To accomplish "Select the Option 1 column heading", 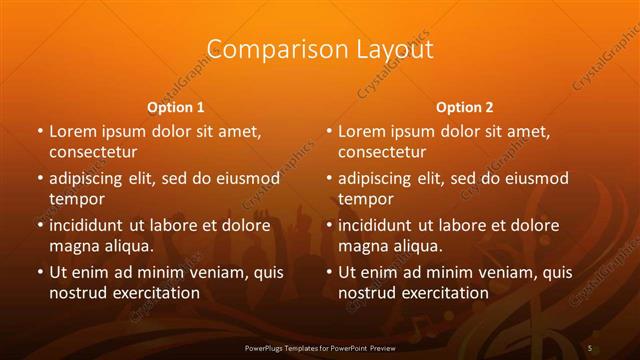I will [x=175, y=106].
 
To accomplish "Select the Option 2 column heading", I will [x=464, y=106].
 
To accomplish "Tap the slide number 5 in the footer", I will [x=591, y=346].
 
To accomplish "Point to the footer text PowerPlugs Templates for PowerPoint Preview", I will [x=319, y=346].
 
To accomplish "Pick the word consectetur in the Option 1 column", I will [x=93, y=152].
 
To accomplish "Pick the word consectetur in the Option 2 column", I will [x=382, y=152].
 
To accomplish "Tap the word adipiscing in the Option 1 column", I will [x=90, y=179].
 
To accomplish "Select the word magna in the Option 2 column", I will [x=362, y=245].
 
